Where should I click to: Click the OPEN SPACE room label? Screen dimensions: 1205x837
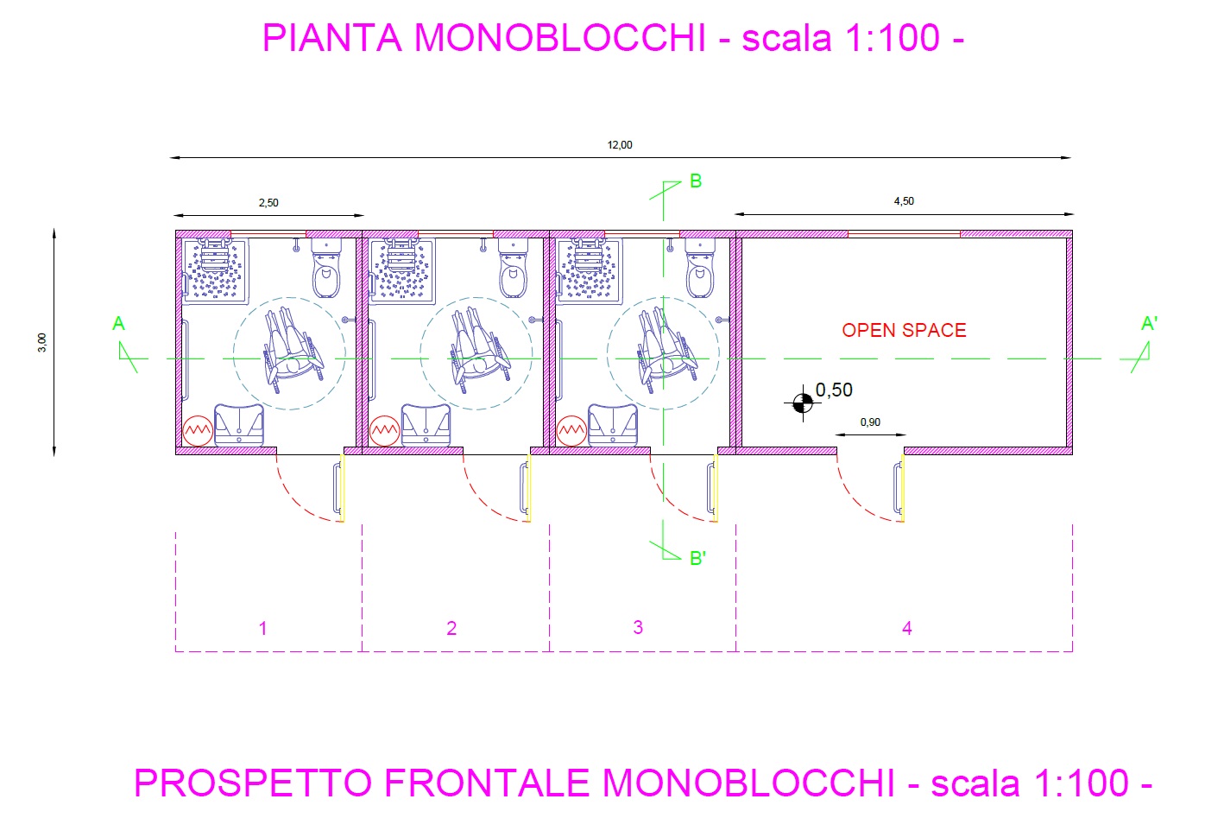click(904, 330)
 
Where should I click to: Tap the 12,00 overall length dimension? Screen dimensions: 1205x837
click(620, 145)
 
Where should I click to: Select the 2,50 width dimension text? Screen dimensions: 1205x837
click(268, 203)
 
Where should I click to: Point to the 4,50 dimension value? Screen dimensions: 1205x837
click(904, 201)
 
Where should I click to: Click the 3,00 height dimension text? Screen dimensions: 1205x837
click(42, 342)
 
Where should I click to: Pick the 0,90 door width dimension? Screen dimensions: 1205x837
click(870, 422)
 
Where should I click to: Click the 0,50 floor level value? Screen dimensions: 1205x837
click(834, 390)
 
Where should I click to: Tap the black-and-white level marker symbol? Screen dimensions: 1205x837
click(803, 403)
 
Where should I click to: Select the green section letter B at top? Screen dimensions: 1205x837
click(696, 181)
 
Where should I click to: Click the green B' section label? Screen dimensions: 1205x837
click(697, 559)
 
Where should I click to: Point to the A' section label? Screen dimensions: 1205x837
click(1150, 324)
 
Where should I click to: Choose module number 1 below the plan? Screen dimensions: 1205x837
click(263, 628)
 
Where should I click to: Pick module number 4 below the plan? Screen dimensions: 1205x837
click(907, 628)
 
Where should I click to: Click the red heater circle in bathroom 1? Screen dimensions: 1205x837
click(198, 431)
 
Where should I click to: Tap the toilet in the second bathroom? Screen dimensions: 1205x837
click(514, 269)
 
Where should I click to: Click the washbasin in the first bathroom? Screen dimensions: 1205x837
click(239, 425)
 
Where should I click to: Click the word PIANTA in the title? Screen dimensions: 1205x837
click(332, 38)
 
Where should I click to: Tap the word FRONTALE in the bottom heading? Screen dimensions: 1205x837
click(487, 783)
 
